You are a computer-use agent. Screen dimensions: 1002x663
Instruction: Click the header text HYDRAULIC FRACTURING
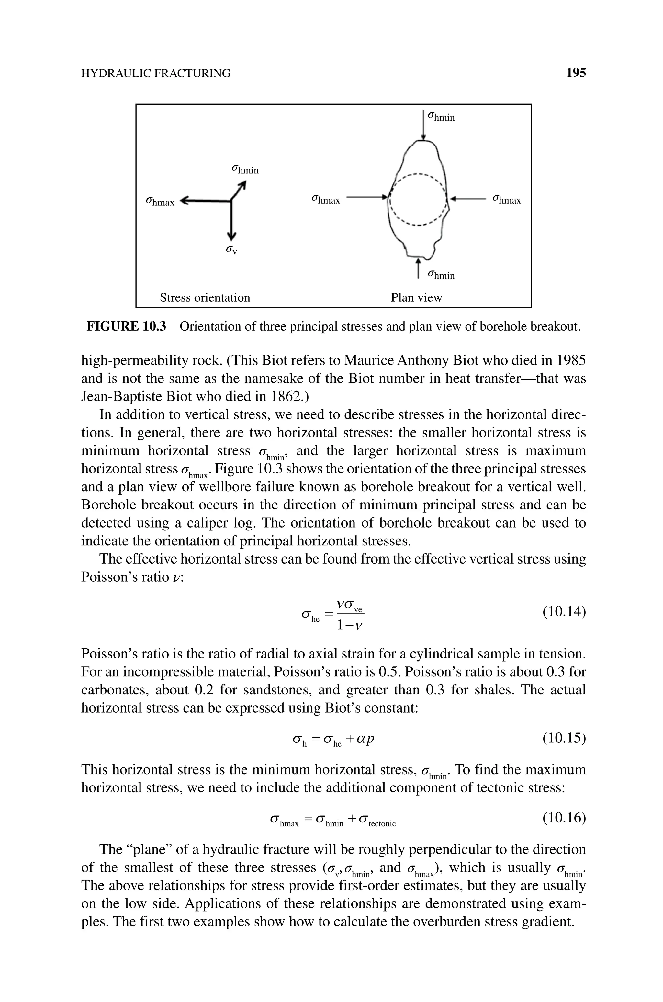point(156,74)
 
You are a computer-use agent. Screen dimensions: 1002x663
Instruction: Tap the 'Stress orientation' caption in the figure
point(205,297)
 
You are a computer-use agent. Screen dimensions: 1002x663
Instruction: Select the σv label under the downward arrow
point(231,250)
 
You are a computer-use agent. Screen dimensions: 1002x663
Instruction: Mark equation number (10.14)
point(564,612)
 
